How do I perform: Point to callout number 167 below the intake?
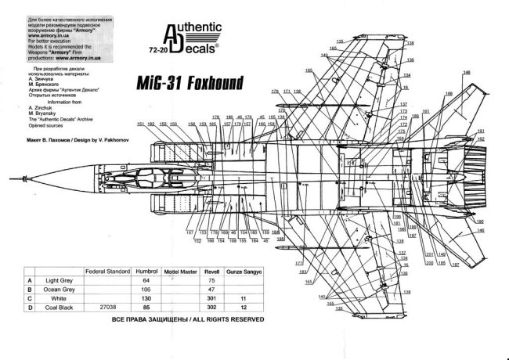coord(190,232)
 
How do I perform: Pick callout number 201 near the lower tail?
coord(430,254)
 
